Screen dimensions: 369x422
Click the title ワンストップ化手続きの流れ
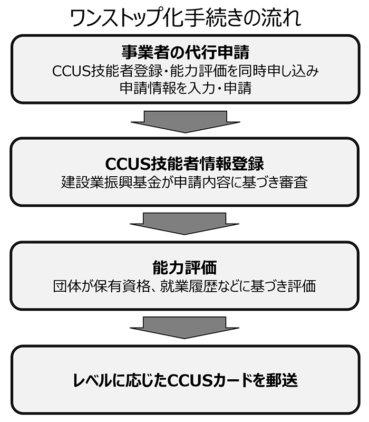(186, 18)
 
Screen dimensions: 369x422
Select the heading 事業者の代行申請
(186, 52)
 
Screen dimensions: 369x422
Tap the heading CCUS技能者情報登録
(184, 164)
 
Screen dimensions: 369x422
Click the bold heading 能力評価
(184, 267)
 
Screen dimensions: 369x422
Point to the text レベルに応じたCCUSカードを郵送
(186, 380)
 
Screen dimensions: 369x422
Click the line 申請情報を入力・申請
(186, 88)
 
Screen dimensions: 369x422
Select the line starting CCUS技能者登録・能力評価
(186, 71)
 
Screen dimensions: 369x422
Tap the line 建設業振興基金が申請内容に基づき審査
(184, 182)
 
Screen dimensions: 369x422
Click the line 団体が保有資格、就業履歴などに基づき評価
(184, 286)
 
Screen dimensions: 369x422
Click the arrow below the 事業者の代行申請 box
(186, 122)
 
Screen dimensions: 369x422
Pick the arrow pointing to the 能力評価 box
(184, 224)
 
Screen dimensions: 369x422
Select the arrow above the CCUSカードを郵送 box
(184, 328)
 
